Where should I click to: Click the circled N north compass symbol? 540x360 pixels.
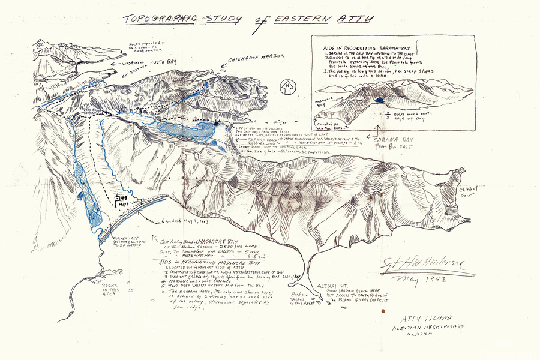[x=287, y=86]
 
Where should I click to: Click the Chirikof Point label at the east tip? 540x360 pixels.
[x=469, y=193]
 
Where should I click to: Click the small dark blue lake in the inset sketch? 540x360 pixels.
[x=381, y=100]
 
